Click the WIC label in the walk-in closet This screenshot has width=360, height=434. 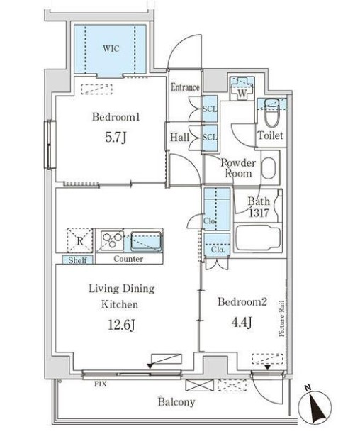click(111, 49)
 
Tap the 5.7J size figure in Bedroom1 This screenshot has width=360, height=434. click(116, 137)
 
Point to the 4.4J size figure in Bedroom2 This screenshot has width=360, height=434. click(242, 322)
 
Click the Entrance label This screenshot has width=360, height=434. click(185, 87)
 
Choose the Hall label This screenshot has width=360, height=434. click(179, 138)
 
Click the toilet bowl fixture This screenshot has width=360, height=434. click(272, 113)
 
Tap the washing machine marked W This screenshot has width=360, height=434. click(242, 89)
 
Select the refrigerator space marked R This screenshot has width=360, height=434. click(79, 240)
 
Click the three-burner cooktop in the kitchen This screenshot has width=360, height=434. click(112, 240)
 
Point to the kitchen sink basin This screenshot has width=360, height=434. click(146, 241)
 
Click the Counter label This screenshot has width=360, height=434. click(128, 259)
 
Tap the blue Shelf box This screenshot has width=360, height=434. click(77, 260)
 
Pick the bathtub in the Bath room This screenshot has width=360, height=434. click(258, 238)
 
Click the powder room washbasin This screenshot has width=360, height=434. click(269, 168)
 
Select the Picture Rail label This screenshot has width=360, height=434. click(282, 318)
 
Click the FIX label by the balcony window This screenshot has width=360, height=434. click(101, 384)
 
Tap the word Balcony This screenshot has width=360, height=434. click(176, 402)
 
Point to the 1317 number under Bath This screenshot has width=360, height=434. click(259, 213)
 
